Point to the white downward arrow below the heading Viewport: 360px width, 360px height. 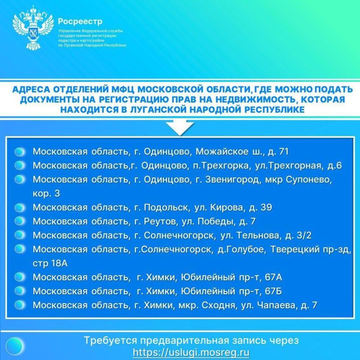coord(180,127)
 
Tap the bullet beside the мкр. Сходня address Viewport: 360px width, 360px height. coord(19,305)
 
